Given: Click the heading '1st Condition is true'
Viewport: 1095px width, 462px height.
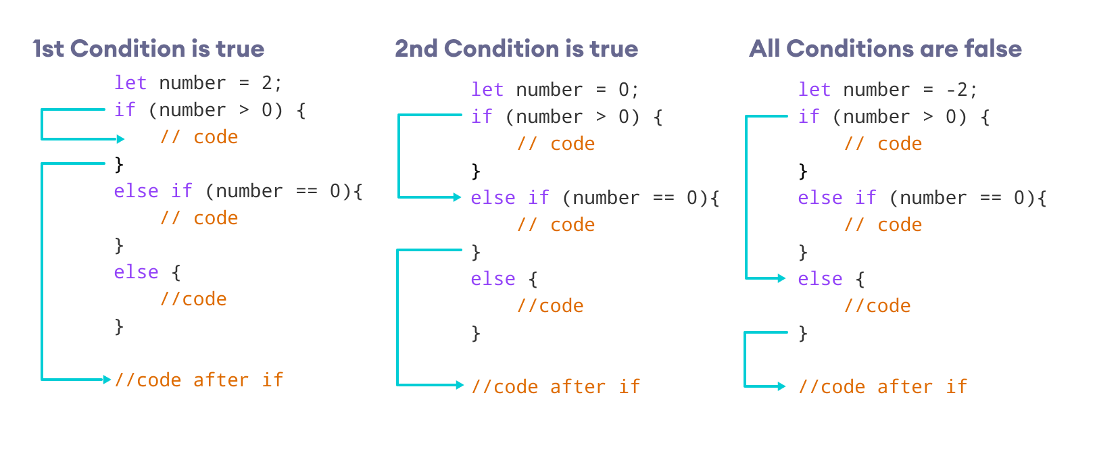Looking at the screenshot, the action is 148,49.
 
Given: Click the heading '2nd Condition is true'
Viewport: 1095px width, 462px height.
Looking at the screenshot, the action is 516,49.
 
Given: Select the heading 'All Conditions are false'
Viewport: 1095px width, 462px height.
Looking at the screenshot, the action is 885,49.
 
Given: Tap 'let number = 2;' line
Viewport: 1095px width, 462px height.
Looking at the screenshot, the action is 197,83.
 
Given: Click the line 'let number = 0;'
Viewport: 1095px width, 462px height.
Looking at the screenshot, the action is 554,90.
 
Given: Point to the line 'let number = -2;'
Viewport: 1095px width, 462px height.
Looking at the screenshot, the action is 887,90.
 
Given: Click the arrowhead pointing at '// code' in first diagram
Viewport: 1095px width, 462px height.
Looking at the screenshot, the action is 121,139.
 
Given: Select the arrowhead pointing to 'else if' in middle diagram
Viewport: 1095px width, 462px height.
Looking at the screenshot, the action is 458,197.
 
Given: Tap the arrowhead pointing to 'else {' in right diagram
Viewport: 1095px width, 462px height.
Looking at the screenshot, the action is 782,278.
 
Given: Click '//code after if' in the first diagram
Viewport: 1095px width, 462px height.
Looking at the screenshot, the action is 199,380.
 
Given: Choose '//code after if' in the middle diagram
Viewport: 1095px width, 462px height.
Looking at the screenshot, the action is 556,387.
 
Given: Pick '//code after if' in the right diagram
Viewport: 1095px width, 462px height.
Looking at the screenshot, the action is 883,387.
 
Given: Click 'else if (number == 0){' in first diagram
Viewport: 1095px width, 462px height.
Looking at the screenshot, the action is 238,191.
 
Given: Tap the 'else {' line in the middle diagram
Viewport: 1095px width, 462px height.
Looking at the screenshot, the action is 504,279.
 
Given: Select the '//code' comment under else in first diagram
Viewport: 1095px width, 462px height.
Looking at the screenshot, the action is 193,299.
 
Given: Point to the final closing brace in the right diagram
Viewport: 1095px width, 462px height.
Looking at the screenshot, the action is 803,332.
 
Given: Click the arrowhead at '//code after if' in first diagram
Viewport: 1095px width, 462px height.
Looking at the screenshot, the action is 107,380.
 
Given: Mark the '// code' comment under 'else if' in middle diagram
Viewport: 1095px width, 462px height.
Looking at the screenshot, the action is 556,225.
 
